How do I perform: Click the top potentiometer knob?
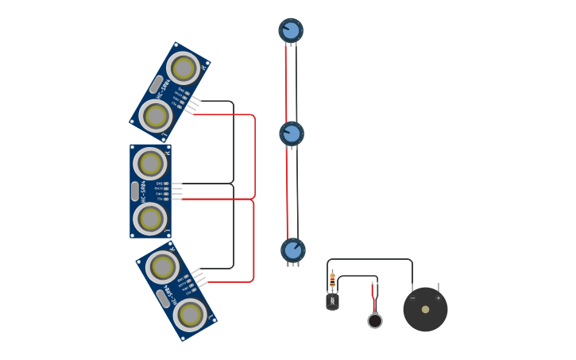coord(291,31)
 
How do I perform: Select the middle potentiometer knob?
coord(292,134)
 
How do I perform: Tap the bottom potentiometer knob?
coord(293,250)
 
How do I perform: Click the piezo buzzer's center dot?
coord(425,309)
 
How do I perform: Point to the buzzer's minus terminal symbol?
coord(412,298)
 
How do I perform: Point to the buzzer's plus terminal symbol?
coord(438,298)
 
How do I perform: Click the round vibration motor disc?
coord(375,321)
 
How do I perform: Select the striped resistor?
coord(332,279)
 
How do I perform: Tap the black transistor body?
coord(332,302)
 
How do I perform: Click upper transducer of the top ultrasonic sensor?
coord(184,68)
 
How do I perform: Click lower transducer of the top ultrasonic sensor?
coord(156,116)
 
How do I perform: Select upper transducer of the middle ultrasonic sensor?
coord(150,164)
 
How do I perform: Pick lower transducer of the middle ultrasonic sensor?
coord(150,219)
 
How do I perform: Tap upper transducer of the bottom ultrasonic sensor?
coord(162,267)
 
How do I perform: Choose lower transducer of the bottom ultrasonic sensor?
coord(190,315)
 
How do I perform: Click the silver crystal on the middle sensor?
coord(135,191)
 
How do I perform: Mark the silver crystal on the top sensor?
coord(157,84)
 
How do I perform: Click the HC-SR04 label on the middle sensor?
coord(144,191)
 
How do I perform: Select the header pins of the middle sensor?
coord(176,192)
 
